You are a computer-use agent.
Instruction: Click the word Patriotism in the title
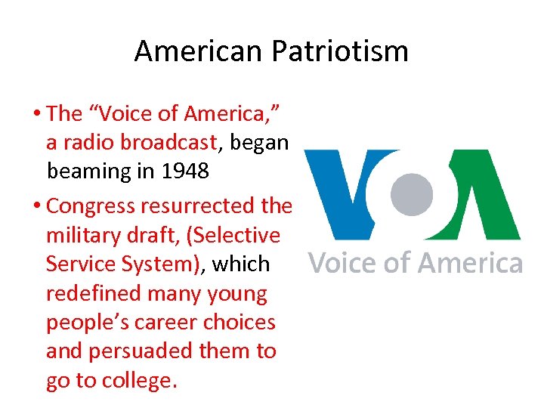pyautogui.click(x=339, y=51)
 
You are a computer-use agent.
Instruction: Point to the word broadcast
pyautogui.click(x=169, y=142)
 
